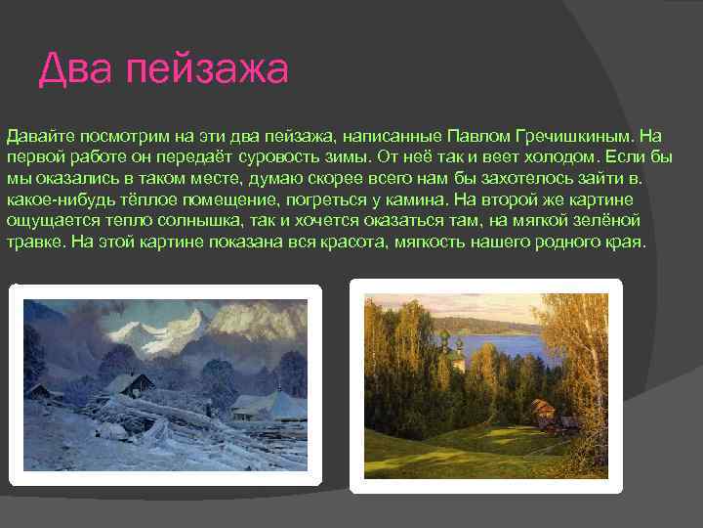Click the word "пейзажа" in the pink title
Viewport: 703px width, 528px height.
(x=207, y=70)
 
